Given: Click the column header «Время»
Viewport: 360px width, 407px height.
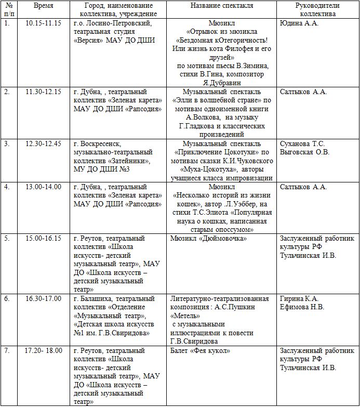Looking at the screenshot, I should click(43, 5).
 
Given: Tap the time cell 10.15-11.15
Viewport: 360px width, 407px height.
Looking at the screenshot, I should click(43, 24).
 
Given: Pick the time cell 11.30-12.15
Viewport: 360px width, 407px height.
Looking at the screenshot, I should click(43, 92).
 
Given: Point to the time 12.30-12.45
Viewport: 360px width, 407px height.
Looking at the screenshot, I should click(43, 144).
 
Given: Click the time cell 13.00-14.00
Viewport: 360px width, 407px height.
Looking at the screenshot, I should click(43, 187).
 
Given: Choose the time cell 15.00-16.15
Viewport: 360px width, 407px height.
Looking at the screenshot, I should click(43, 239).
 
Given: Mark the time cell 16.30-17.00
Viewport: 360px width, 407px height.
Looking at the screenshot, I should click(43, 299).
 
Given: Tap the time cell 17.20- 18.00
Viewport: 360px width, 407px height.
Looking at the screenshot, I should click(43, 351).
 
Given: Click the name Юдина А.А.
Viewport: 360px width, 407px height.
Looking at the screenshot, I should click(299, 24).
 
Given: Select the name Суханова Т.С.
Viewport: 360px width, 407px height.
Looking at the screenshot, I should click(302, 144).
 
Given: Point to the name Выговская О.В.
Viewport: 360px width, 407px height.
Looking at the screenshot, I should click(304, 152).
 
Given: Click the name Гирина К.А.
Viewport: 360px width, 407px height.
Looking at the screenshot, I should click(299, 299).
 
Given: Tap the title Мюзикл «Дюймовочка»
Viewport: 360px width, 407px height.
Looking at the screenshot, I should click(208, 239).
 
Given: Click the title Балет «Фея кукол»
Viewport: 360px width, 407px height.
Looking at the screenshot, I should click(200, 351).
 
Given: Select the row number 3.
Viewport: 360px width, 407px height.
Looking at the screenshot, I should click(7, 144).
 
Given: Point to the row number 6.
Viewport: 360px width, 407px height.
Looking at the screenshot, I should click(7, 299).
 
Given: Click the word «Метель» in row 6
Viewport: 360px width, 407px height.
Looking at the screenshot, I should click(186, 316).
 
